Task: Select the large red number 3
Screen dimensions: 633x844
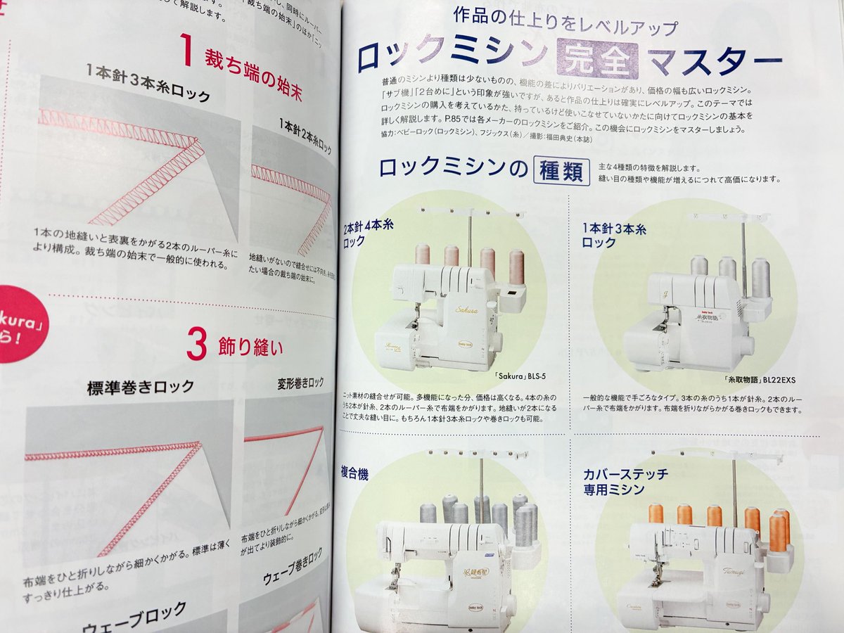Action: click(198, 345)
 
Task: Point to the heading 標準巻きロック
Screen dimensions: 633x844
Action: click(141, 388)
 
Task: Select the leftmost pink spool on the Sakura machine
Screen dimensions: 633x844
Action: click(422, 253)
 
